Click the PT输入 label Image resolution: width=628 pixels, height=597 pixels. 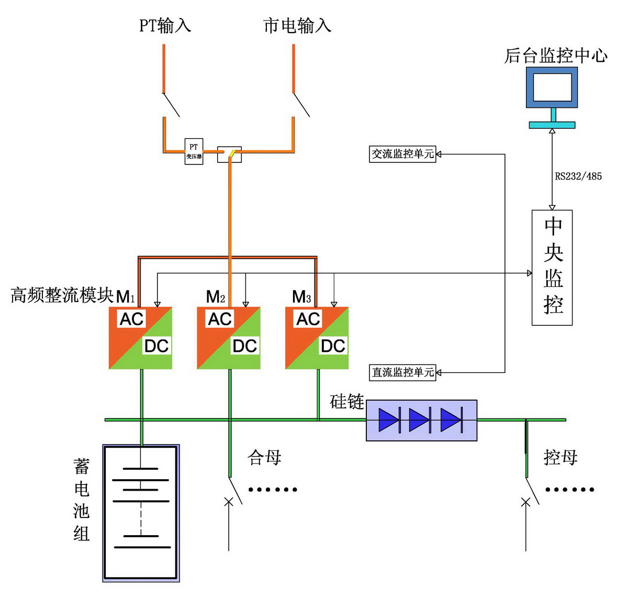click(165, 26)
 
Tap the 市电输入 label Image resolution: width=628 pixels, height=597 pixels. click(297, 26)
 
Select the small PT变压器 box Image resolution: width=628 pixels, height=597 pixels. click(194, 152)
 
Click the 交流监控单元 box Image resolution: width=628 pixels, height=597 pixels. click(402, 154)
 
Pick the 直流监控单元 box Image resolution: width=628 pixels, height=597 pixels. click(402, 372)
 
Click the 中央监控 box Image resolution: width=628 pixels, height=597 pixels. click(552, 268)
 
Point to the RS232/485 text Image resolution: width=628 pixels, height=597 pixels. click(578, 176)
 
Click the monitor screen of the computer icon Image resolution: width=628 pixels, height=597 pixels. click(552, 87)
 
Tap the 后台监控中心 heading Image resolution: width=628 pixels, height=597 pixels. click(556, 56)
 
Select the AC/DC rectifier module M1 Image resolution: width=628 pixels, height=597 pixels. click(140, 338)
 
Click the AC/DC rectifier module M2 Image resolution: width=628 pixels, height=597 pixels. click(229, 338)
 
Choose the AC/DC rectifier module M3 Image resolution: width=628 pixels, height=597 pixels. click(317, 338)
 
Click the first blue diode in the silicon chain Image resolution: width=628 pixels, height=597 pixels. click(389, 420)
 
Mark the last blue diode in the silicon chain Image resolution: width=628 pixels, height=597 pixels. click(451, 420)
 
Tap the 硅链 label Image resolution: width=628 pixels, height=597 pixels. click(346, 402)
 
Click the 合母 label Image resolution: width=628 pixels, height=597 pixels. click(264, 457)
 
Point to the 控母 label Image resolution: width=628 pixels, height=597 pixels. click(560, 457)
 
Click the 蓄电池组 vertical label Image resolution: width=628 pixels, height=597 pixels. click(81, 500)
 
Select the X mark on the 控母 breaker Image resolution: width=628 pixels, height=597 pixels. click(525, 502)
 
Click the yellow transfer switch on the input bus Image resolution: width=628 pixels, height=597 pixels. click(231, 153)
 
